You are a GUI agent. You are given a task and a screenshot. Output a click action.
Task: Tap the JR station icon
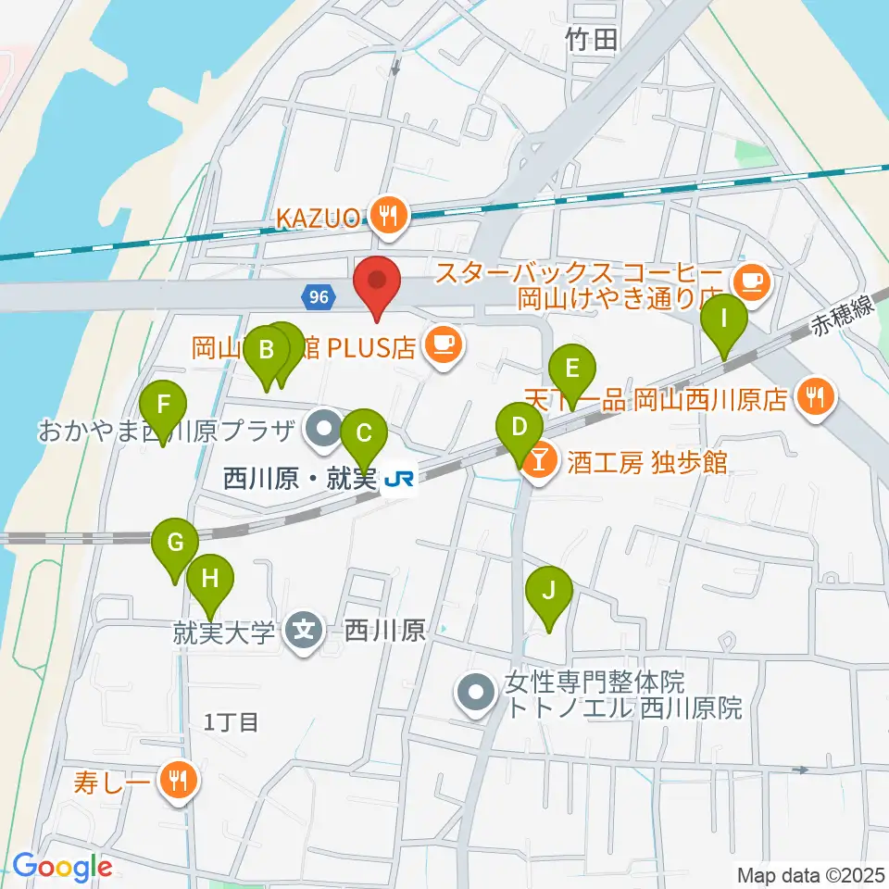400,479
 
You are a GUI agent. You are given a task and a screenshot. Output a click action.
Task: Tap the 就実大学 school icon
305,632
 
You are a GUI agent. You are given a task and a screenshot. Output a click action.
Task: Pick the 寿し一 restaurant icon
176,780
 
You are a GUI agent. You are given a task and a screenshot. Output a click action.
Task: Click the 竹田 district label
591,39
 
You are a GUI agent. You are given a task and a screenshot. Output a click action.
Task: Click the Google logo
62,868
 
